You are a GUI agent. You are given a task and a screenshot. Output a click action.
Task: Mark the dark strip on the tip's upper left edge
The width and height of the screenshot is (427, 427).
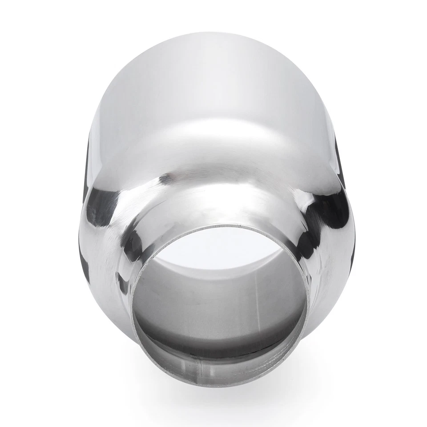(86, 169)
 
